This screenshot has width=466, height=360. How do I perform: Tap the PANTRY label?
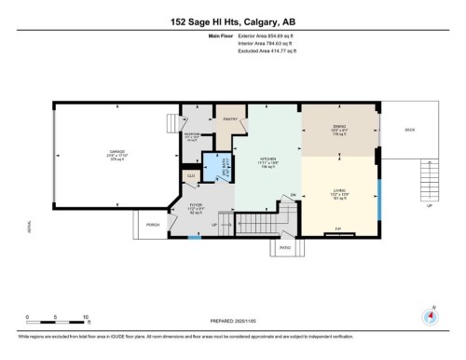click(232, 119)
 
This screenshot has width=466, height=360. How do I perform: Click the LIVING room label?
click(340, 193)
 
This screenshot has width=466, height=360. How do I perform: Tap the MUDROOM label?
click(193, 135)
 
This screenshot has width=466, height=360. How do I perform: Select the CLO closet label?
click(191, 174)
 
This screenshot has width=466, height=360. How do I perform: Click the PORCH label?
click(153, 223)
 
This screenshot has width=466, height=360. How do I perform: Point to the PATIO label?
click(284, 248)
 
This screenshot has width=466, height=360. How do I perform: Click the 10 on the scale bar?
click(86, 317)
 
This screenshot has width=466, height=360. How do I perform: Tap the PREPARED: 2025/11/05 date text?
click(233, 323)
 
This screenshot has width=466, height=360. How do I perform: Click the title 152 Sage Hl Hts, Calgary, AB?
click(233, 21)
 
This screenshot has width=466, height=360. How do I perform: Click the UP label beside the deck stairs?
click(430, 206)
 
